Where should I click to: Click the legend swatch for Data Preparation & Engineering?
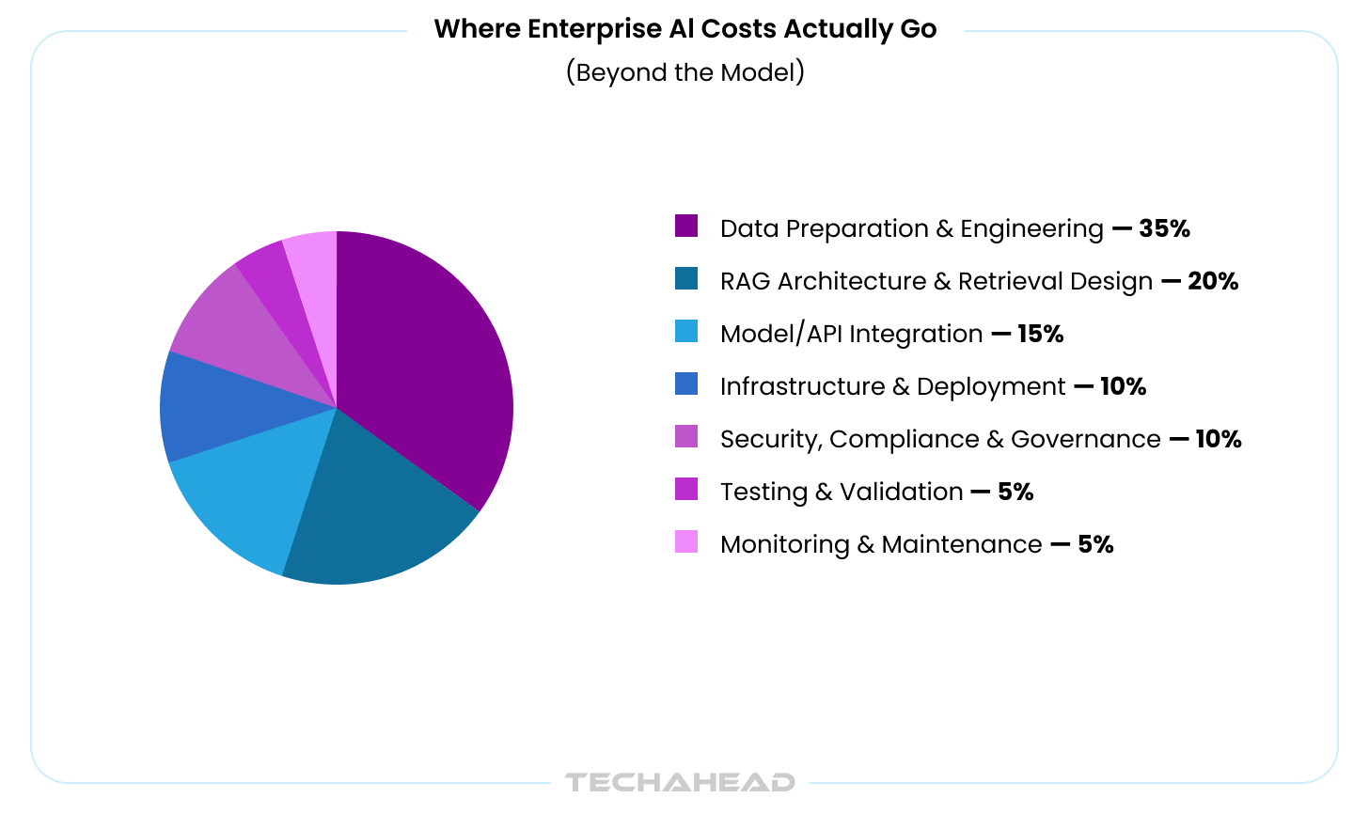pyautogui.click(x=686, y=227)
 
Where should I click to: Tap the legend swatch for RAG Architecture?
pyautogui.click(x=686, y=279)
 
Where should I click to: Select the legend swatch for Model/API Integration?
pyautogui.click(x=686, y=332)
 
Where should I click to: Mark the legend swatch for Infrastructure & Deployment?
pyautogui.click(x=686, y=384)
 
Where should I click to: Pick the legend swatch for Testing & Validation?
pyautogui.click(x=686, y=490)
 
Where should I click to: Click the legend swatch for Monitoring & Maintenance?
pyautogui.click(x=686, y=542)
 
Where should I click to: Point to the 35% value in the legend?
pyautogui.click(x=1164, y=228)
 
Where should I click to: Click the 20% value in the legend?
pyautogui.click(x=1213, y=281)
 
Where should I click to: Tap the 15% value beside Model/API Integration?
pyautogui.click(x=1040, y=334)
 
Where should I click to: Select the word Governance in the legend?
pyautogui.click(x=1085, y=440)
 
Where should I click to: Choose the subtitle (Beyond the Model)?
pyautogui.click(x=684, y=72)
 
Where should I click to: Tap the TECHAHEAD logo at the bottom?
pyautogui.click(x=680, y=782)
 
